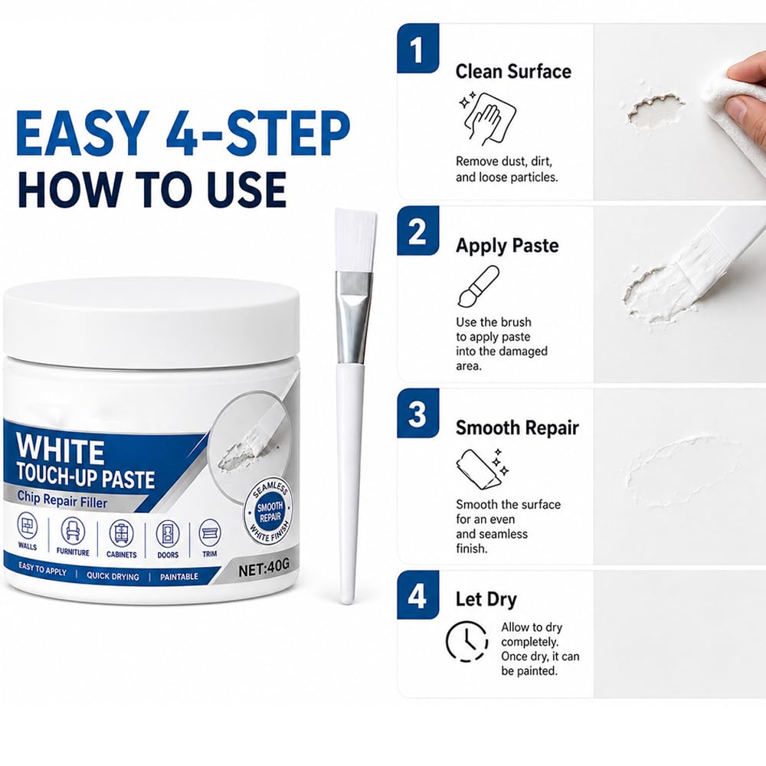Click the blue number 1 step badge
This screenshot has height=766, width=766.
click(417, 48)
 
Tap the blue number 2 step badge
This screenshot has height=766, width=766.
click(417, 231)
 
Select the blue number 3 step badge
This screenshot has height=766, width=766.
click(417, 414)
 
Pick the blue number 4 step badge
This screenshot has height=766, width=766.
click(417, 595)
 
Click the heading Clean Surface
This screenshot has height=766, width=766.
click(513, 71)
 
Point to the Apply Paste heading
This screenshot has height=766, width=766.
click(507, 246)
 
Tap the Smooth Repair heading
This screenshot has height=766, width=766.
click(517, 428)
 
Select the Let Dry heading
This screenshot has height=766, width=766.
click(486, 600)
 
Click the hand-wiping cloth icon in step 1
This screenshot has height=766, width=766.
click(487, 118)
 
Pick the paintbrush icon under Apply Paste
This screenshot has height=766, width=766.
click(478, 286)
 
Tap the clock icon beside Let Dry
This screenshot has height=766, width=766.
click(466, 641)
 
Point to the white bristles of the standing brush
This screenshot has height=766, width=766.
click(355, 241)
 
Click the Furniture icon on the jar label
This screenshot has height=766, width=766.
click(73, 531)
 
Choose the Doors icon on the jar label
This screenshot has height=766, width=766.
click(168, 533)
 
